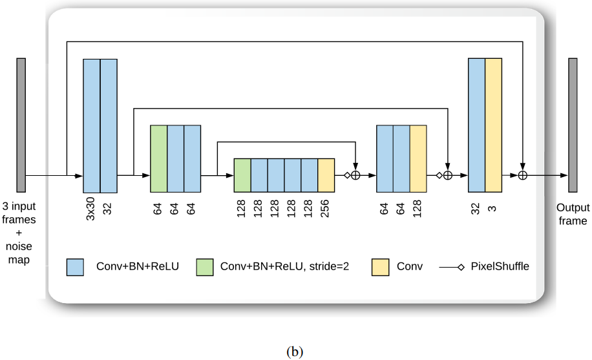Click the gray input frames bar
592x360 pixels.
tap(21, 125)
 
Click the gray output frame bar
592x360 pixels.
tap(573, 125)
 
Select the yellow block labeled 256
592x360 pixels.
tap(326, 175)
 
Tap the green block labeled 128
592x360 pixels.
tap(242, 175)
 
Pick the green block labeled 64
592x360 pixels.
tap(159, 158)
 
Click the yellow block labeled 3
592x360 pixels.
tap(493, 125)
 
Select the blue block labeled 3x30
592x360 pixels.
tap(92, 125)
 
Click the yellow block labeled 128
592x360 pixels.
tap(418, 158)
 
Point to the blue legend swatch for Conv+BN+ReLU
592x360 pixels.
tap(76, 267)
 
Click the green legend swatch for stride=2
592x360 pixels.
tap(205, 267)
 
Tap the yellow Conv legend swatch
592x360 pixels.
tap(380, 267)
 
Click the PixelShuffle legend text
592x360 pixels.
tap(500, 266)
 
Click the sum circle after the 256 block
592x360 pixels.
tap(355, 175)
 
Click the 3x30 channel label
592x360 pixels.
tap(91, 209)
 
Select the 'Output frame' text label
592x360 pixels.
tap(573, 214)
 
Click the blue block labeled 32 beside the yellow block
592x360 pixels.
tap(476, 125)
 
